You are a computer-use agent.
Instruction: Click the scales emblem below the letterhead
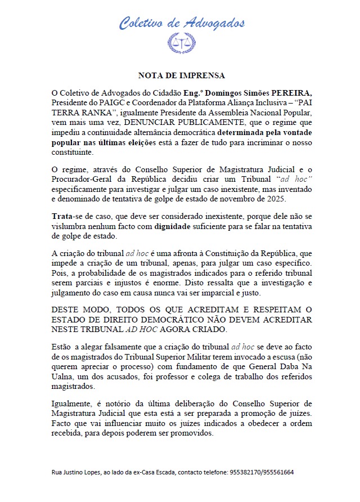point(181,43)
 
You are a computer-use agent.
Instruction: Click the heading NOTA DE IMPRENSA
point(181,75)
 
